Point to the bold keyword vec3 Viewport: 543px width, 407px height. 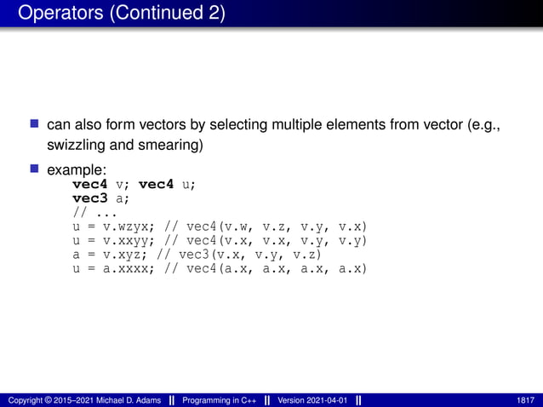click(x=89, y=197)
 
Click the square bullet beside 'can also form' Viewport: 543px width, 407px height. click(x=35, y=125)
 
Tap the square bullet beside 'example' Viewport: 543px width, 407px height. click(x=35, y=169)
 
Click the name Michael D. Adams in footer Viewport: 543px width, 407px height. click(x=127, y=399)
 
